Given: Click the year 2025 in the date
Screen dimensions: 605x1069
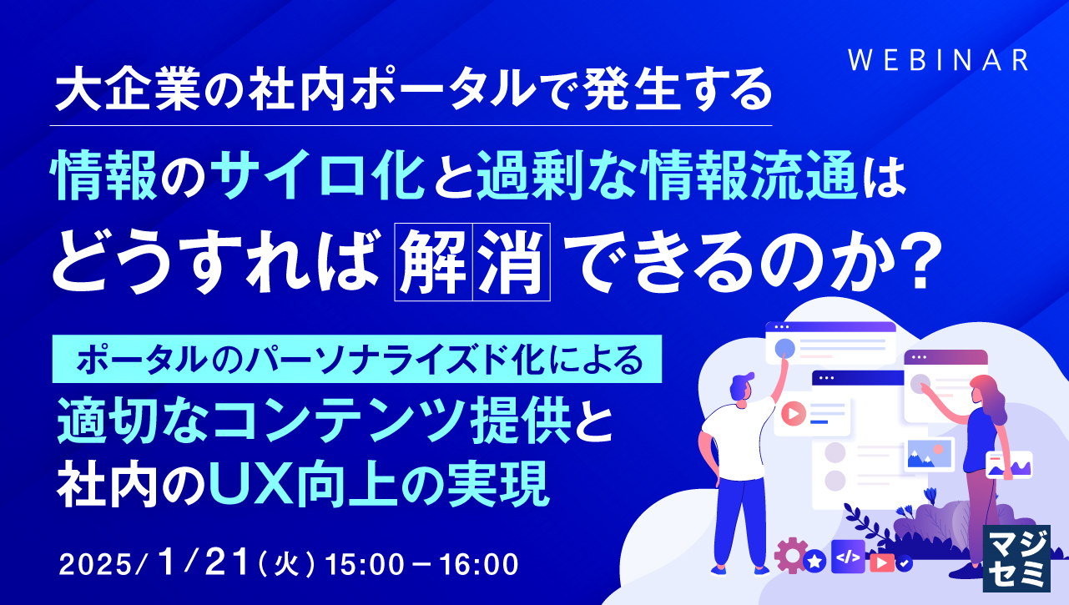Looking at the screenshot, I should [x=94, y=563].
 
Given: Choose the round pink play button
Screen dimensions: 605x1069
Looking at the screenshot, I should [x=793, y=411].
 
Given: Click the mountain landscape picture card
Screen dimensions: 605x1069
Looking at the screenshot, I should [x=929, y=455].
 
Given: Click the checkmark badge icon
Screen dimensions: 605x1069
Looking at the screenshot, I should [x=904, y=562].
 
